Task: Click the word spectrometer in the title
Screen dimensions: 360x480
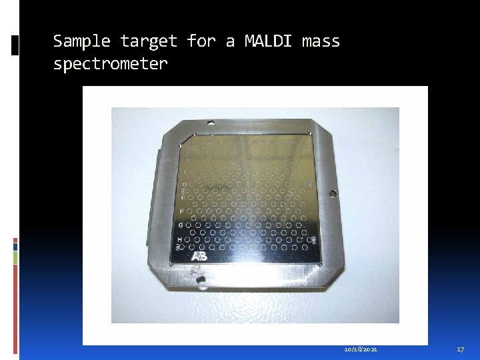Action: tap(110, 64)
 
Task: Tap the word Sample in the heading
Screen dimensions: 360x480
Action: tap(82, 41)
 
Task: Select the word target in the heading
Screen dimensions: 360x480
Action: tap(149, 41)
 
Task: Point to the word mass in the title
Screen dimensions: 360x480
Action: tap(321, 41)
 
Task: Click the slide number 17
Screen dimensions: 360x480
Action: tap(460, 349)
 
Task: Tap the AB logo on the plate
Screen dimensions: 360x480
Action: tap(199, 256)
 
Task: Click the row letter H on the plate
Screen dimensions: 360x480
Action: tap(179, 239)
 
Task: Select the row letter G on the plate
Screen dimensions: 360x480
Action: tap(180, 225)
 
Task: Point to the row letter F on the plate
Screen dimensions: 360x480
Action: tap(182, 210)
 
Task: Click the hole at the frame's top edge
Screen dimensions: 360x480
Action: tap(211, 123)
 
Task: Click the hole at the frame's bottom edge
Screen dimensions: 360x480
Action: tap(198, 281)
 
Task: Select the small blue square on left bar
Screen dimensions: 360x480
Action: tap(15, 247)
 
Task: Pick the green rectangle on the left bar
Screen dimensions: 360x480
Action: tap(15, 257)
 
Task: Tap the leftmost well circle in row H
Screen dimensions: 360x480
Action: tap(188, 239)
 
